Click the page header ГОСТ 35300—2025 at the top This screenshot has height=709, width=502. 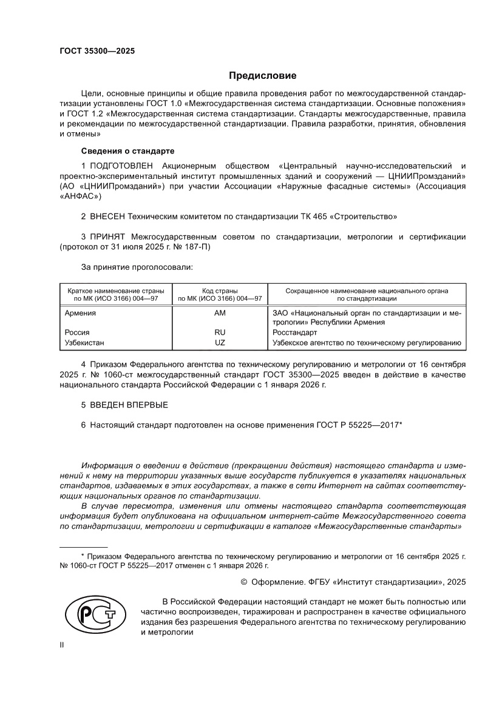97,51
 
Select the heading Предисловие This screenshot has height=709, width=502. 262,76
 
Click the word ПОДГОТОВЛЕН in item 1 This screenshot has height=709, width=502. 121,166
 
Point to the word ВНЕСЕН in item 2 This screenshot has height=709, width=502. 107,216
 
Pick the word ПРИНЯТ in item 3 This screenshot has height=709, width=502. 107,236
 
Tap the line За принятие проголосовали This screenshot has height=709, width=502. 137,267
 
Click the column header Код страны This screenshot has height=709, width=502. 220,291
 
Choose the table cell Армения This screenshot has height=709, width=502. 80,313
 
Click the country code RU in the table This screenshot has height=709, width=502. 220,333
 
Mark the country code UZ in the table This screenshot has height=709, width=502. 220,343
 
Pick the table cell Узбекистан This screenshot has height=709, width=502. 84,343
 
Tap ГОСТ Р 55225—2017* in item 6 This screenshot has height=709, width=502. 358,425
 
